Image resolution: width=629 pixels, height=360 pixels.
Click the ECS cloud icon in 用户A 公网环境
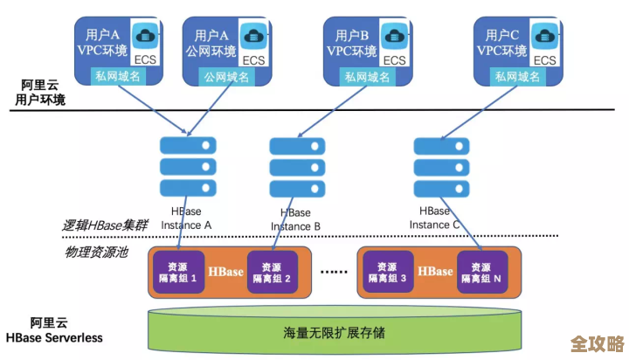pyautogui.click(x=254, y=38)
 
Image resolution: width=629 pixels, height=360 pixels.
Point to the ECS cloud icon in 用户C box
pyautogui.click(x=545, y=38)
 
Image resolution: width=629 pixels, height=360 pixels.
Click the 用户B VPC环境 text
pyautogui.click(x=347, y=43)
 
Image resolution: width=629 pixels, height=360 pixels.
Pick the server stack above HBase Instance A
pyautogui.click(x=187, y=166)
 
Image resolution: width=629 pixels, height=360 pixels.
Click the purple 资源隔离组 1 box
pyautogui.click(x=176, y=272)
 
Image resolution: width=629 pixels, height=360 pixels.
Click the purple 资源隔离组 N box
pyautogui.click(x=480, y=272)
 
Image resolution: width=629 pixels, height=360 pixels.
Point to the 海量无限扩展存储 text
pyautogui.click(x=335, y=333)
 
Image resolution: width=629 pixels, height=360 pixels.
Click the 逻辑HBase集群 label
pyautogui.click(x=104, y=225)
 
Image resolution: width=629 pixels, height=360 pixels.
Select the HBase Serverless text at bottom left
pyautogui.click(x=54, y=337)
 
